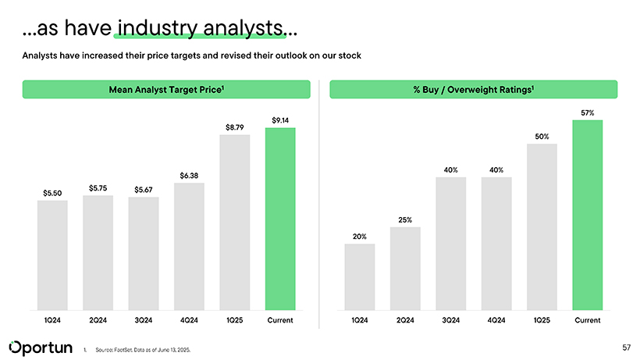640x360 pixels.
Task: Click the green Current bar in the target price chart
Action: [280, 219]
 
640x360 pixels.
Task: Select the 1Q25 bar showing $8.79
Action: [234, 223]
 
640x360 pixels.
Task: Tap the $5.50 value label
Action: [52, 192]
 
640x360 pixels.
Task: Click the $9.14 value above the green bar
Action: [280, 119]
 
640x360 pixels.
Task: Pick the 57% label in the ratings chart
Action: [587, 113]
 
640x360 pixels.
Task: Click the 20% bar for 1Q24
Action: [359, 276]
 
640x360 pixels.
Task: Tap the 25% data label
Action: [405, 219]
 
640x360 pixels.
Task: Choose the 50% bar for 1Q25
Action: [542, 226]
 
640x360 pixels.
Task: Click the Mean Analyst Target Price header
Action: [166, 90]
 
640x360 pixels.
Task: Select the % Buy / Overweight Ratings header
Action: [474, 90]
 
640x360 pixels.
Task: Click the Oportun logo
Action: [40, 346]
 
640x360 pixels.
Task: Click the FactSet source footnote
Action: [141, 350]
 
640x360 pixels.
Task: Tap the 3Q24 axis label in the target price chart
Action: [144, 320]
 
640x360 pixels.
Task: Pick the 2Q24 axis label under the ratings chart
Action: [405, 320]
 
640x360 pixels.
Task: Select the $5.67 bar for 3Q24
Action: [144, 254]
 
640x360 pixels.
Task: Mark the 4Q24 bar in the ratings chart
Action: [496, 244]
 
